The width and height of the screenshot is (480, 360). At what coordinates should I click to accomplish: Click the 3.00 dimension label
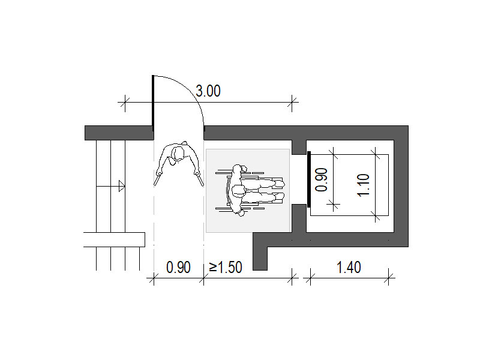[x=208, y=91]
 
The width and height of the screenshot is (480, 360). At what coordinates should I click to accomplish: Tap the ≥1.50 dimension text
[x=226, y=267]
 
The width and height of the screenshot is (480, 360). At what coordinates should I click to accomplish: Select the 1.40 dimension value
[x=349, y=267]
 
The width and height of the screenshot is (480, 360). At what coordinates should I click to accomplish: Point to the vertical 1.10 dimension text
[x=364, y=185]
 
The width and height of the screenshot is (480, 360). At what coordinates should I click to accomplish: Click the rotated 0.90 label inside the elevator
[x=322, y=179]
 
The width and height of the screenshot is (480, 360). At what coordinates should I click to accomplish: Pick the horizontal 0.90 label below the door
[x=178, y=267]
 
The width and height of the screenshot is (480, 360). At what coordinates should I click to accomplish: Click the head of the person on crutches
[x=178, y=154]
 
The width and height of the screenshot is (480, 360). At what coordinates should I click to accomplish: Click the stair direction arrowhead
[x=122, y=186]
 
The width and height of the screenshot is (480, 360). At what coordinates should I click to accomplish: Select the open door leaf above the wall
[x=153, y=103]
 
